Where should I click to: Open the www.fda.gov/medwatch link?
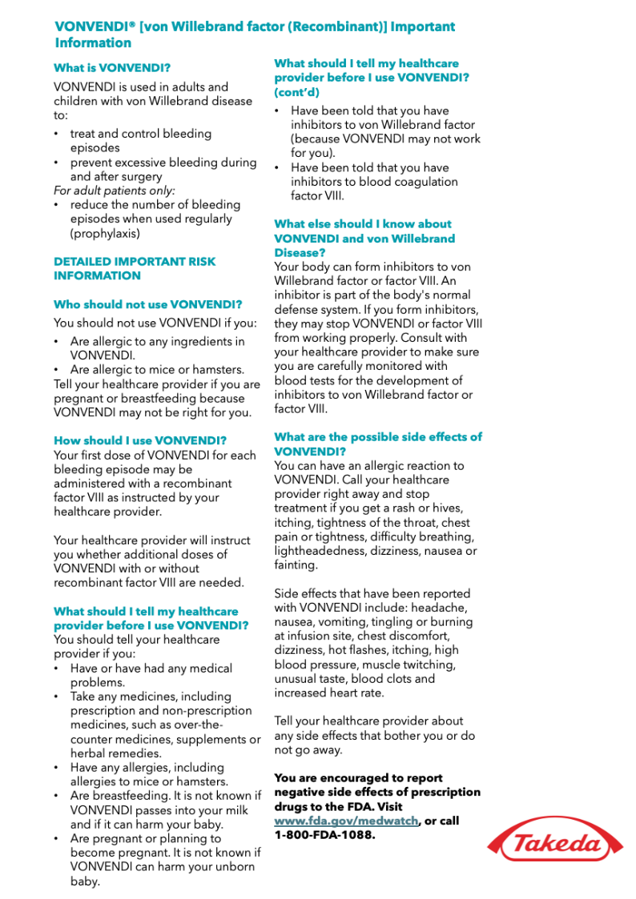pos(346,821)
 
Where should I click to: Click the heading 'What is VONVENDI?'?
pos(112,68)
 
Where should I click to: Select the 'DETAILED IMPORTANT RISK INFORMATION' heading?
pos(135,268)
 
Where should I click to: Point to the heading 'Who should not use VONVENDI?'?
pos(147,304)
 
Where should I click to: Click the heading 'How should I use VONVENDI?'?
pos(140,440)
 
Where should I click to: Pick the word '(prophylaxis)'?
pos(105,234)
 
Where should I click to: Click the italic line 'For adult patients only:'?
pos(115,191)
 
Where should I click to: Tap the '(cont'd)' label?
pos(296,92)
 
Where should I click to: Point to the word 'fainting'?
pos(295,565)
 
